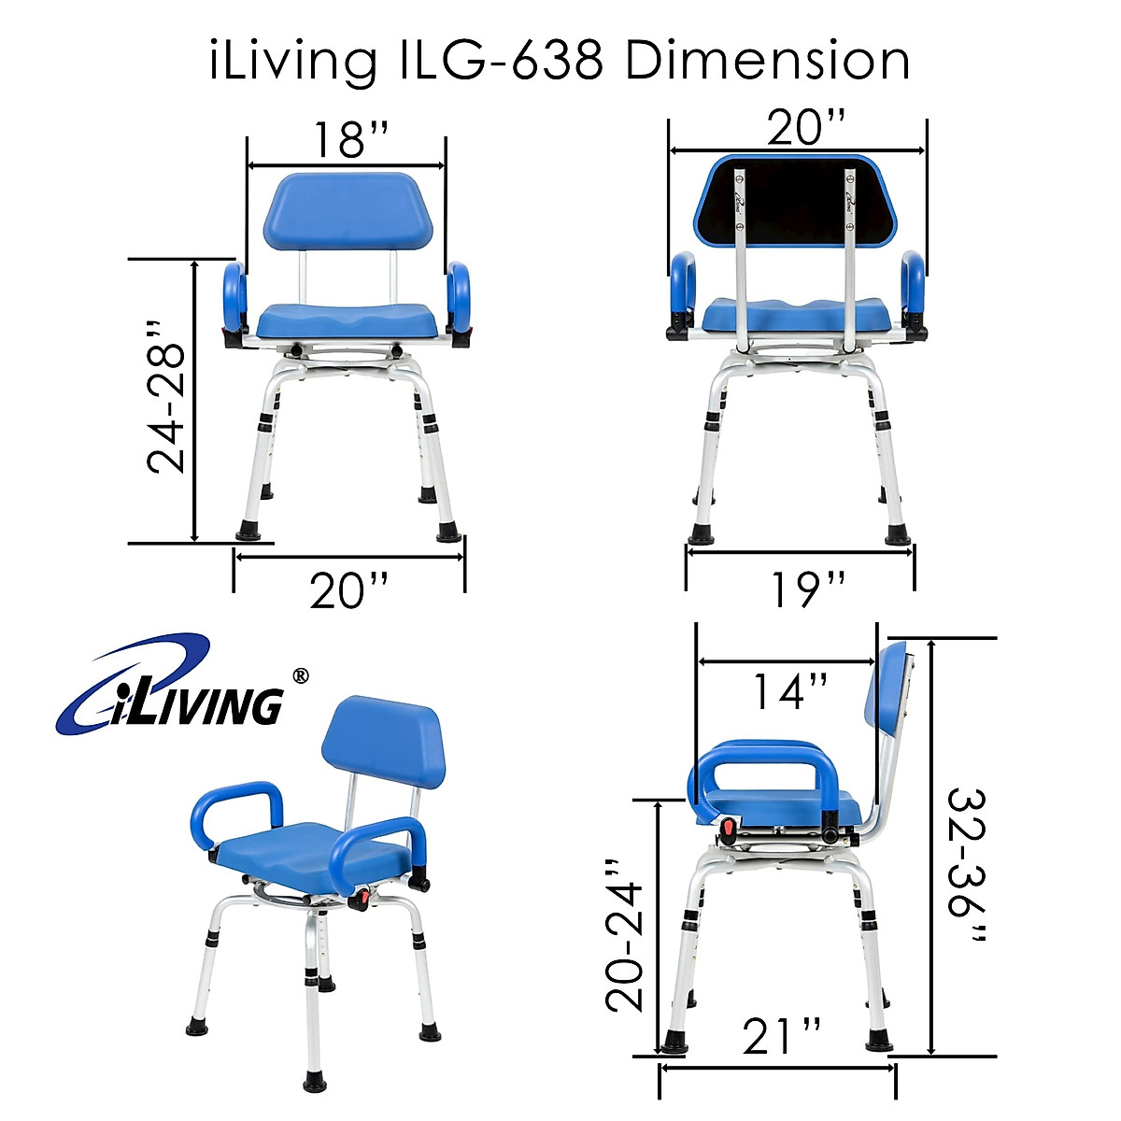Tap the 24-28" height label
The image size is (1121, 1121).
pos(169,397)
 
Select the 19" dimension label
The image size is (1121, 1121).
pos(808,589)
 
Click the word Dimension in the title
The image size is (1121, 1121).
pos(766,62)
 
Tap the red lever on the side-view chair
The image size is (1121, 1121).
pos(728,828)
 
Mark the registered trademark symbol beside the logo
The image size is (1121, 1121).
pos(300,674)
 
